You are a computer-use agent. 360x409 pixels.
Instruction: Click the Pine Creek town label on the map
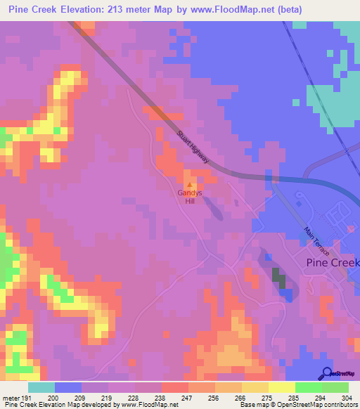point(333,262)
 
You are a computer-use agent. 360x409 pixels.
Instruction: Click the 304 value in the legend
point(347,398)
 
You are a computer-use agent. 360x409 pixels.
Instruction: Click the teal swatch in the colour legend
point(41,387)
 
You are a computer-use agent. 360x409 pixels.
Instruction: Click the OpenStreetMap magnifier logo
point(327,373)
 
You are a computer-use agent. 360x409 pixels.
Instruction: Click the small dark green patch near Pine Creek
point(279,278)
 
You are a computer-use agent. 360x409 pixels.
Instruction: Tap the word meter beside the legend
point(11,398)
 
